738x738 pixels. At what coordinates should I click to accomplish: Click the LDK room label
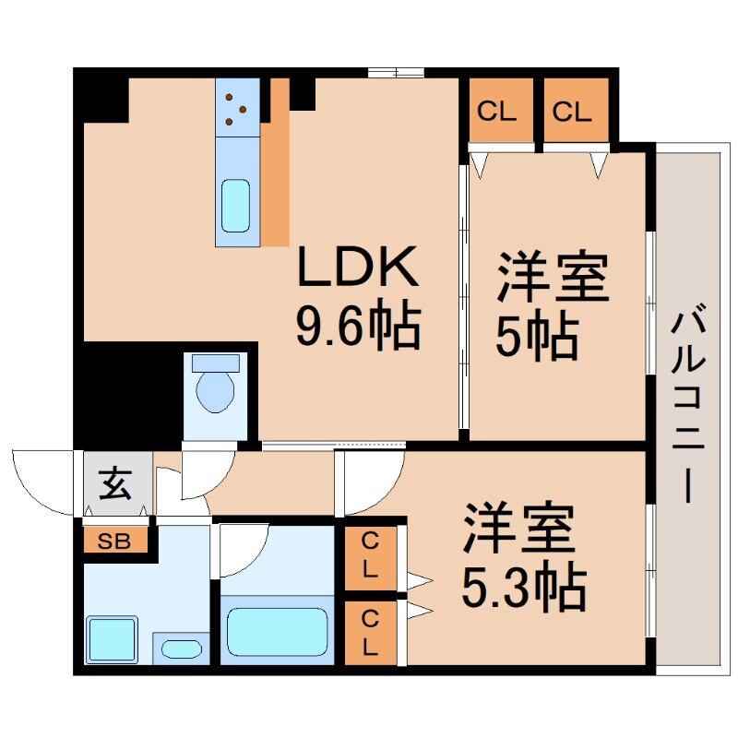tap(358, 269)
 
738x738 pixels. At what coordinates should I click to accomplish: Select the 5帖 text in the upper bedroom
tap(537, 339)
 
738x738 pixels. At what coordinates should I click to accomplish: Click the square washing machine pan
tap(112, 639)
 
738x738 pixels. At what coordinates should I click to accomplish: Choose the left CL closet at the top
tap(496, 113)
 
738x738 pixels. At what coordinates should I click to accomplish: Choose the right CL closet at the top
tap(572, 113)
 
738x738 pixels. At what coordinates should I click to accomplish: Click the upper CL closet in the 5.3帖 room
tap(370, 555)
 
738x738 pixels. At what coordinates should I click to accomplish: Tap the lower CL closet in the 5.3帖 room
tap(370, 633)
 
